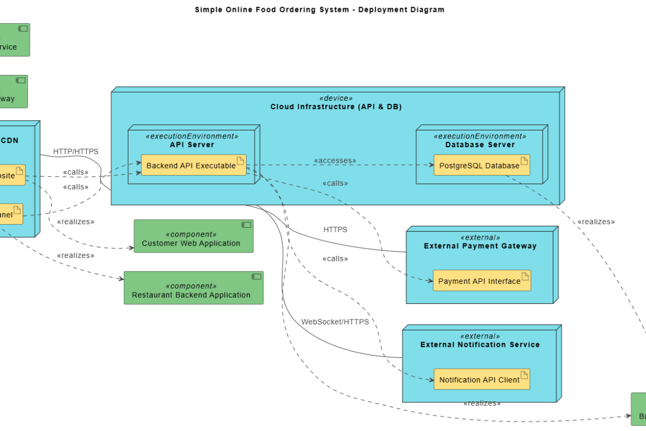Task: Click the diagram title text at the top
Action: click(x=320, y=9)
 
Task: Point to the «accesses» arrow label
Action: click(x=335, y=161)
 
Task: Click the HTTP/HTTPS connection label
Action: click(x=76, y=151)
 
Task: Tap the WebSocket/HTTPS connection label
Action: click(x=335, y=322)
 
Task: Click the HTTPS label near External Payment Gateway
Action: click(x=335, y=230)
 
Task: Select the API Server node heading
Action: click(x=192, y=144)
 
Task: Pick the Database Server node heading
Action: click(x=480, y=144)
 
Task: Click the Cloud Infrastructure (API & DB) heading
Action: click(x=336, y=107)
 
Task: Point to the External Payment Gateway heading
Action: click(x=480, y=246)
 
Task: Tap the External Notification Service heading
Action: click(x=480, y=344)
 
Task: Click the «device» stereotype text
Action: click(x=336, y=98)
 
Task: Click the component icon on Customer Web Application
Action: click(x=246, y=225)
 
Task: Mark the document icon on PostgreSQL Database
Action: click(x=524, y=160)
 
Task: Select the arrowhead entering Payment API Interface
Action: click(x=430, y=280)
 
